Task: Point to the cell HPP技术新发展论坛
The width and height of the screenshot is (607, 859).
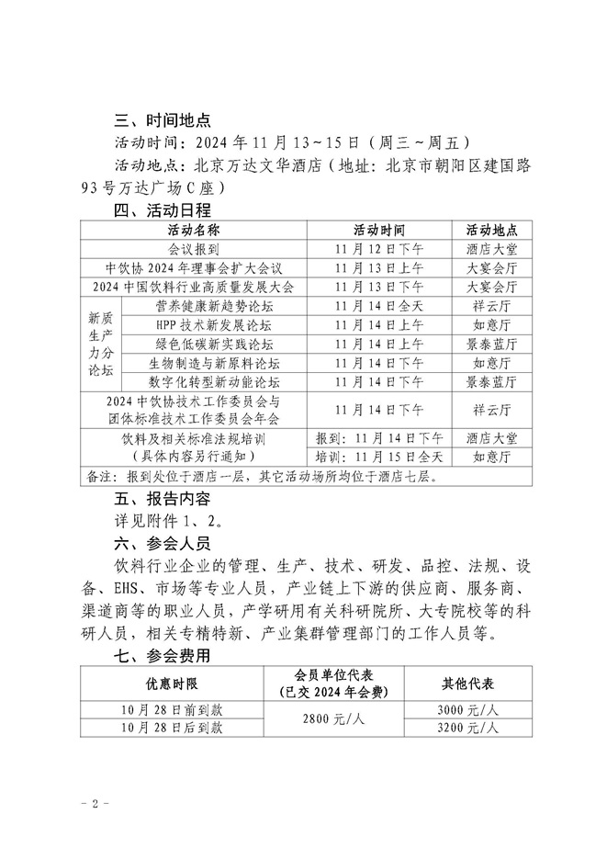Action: click(x=215, y=325)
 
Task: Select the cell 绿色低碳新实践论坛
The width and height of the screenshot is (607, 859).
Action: click(x=215, y=344)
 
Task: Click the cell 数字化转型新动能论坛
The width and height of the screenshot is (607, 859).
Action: click(x=215, y=381)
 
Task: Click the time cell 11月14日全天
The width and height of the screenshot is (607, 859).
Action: click(x=379, y=306)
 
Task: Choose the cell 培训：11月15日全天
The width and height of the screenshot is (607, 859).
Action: click(x=379, y=457)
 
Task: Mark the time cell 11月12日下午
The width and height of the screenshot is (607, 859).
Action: click(x=379, y=249)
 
